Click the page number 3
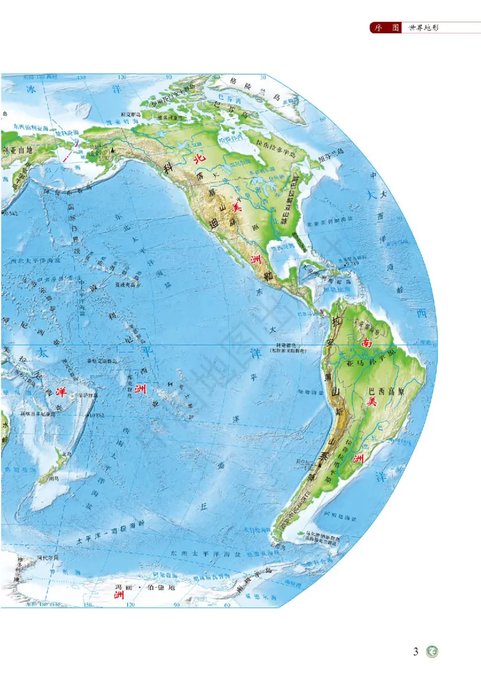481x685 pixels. click(415, 651)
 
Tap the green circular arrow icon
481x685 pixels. click(432, 652)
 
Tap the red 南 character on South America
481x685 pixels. click(366, 342)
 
